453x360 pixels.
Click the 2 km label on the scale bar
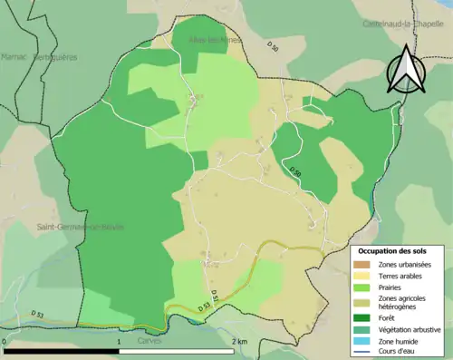coord(238,341)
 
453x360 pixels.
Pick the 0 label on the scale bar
coord(5,341)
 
